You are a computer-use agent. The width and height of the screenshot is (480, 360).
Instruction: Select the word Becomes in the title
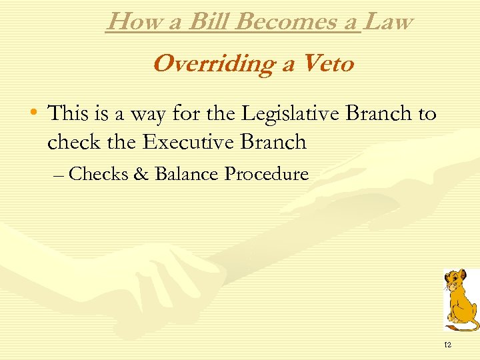[293, 22]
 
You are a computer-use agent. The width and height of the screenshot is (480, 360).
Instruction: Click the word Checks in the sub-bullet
[98, 174]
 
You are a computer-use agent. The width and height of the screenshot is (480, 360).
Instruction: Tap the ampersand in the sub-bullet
[141, 174]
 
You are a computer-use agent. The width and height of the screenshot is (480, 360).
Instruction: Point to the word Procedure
[266, 174]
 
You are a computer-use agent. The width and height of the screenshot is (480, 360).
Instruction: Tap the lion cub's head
[455, 281]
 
